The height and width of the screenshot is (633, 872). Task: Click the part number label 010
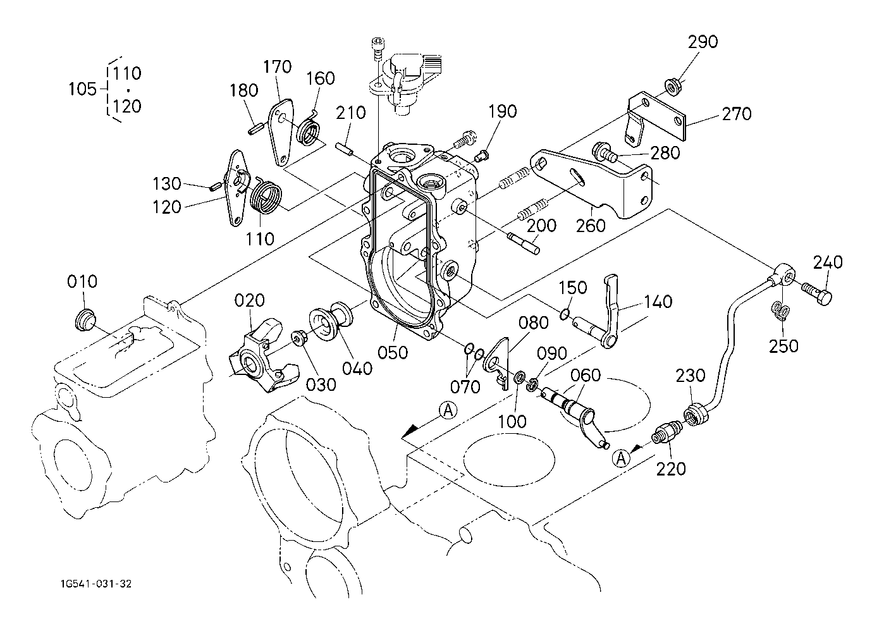coord(82,281)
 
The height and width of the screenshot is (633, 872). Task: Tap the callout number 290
coord(703,42)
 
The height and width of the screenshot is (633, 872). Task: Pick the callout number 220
coord(670,469)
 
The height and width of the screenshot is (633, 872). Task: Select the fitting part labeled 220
coord(665,434)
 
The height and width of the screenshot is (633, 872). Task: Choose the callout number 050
coord(393,352)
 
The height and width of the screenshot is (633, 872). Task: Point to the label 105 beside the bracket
coord(82,89)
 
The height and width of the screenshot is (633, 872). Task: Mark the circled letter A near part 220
coord(621,457)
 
